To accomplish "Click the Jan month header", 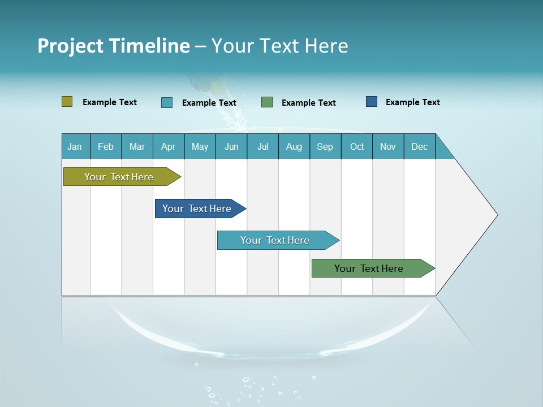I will pos(75,146).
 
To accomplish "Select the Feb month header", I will pos(106,146).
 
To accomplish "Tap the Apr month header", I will pos(169,146).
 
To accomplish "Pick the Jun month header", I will pos(231,146).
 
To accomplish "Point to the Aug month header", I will pos(294,146).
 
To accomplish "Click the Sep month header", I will pos(325,146).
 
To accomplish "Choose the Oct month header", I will pos(357,146).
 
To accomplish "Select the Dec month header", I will pos(420,146).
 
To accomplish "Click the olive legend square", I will pos(67,102).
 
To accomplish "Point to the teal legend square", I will pos(167,102).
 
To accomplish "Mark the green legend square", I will pos(267,102).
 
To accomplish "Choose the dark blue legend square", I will pos(372,102).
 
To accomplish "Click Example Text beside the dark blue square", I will pos(412,102).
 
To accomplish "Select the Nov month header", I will pos(388,146).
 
